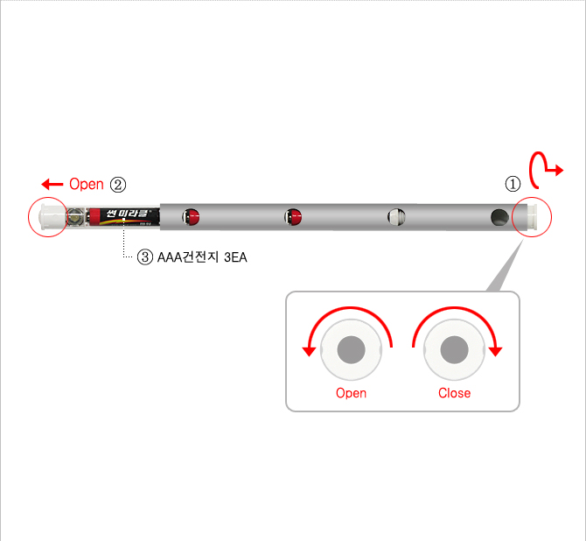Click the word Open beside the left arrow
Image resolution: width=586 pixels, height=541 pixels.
(x=86, y=184)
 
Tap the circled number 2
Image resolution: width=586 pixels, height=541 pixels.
(x=118, y=184)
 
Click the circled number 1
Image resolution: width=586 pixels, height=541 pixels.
(x=513, y=184)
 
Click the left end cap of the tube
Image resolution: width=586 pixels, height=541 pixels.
(x=49, y=216)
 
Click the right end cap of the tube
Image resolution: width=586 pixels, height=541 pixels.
(x=530, y=216)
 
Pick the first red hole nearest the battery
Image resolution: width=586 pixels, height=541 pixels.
(x=190, y=216)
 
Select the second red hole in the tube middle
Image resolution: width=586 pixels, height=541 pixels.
(x=293, y=216)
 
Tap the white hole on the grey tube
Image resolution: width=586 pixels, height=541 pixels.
(x=396, y=216)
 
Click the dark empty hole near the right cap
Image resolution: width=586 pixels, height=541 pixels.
(x=499, y=216)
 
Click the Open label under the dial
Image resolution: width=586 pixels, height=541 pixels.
(x=352, y=393)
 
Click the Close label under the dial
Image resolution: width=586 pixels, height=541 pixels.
(x=454, y=393)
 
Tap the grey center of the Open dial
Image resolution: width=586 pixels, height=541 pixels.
(x=352, y=351)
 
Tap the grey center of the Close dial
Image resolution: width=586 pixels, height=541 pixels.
(x=454, y=351)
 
